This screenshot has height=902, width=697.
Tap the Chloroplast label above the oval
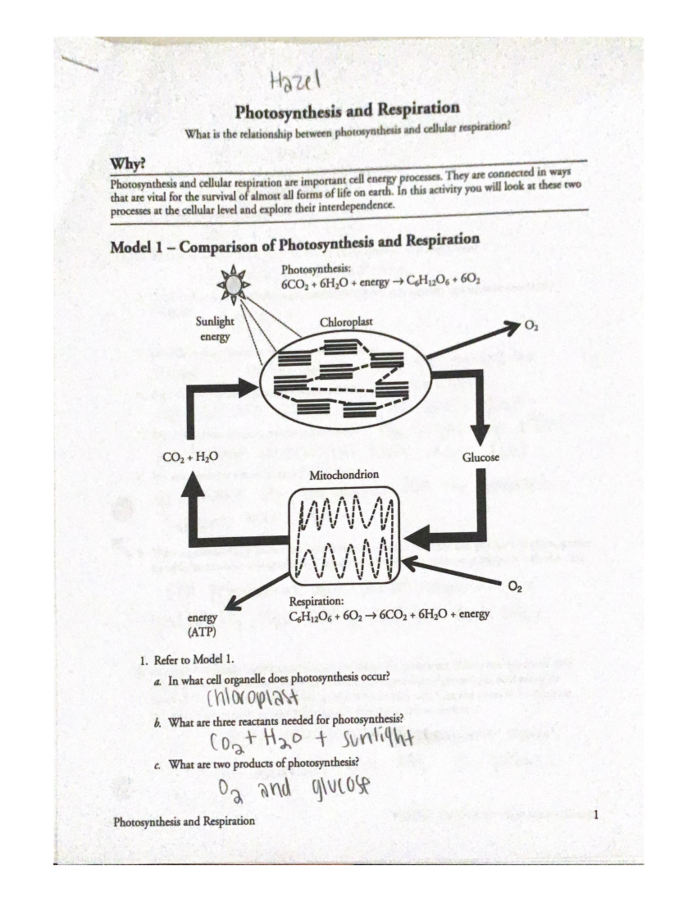pos(346,322)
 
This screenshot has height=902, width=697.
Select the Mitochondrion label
pos(344,475)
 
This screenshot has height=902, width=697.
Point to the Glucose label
pos(480,457)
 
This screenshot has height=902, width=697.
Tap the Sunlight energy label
pos(214,329)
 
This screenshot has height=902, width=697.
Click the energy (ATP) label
pos(202,625)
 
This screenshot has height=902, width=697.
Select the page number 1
pos(595,815)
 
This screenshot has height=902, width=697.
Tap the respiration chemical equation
pos(389,614)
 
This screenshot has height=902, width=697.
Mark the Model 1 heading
pos(294,243)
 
